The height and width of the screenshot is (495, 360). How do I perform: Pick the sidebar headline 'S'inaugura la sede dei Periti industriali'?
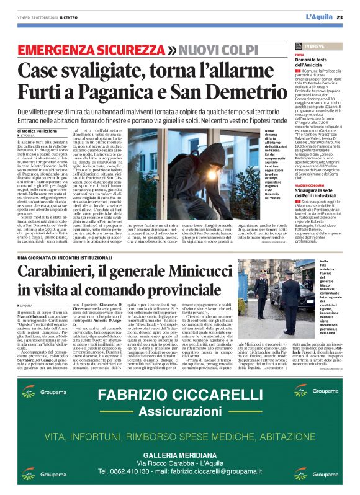tap(318, 191)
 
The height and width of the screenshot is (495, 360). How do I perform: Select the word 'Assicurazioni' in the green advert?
tap(179, 412)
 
